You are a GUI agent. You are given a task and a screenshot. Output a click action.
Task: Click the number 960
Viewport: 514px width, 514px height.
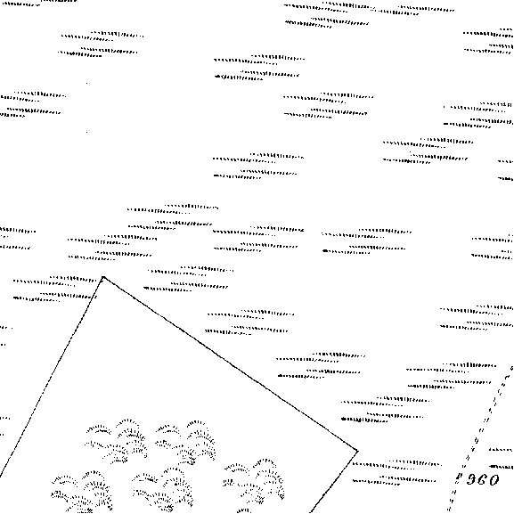(x=483, y=480)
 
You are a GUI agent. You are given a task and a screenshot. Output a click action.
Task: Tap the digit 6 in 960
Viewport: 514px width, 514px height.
(x=482, y=480)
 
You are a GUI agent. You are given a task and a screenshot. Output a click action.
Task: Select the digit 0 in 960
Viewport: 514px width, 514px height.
(x=494, y=480)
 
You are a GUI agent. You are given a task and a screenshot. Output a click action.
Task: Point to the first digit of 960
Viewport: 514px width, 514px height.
(x=471, y=480)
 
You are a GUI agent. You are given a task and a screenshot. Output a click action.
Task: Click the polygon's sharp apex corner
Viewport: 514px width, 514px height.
(x=103, y=277)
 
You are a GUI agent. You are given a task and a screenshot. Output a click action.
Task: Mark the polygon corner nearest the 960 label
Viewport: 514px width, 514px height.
(x=357, y=452)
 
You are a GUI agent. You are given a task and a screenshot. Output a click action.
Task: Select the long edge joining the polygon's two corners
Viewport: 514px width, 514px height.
(x=230, y=364)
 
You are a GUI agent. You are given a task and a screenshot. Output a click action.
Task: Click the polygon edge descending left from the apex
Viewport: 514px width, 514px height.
(x=52, y=377)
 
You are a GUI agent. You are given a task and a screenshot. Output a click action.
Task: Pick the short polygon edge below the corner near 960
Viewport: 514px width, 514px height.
(x=334, y=483)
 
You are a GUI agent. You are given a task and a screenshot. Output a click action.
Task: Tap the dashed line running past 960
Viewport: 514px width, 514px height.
(x=481, y=439)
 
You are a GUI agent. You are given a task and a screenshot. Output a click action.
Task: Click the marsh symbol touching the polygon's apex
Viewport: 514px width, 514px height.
(x=55, y=289)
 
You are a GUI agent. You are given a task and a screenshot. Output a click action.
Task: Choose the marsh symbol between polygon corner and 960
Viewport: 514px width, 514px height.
(x=397, y=472)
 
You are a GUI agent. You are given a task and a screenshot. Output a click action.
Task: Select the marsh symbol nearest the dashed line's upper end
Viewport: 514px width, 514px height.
(x=451, y=376)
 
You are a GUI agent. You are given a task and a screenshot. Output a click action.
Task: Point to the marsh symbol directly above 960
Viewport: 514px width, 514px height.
(x=501, y=458)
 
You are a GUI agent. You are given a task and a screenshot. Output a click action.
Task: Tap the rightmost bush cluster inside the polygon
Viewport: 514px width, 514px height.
(x=254, y=485)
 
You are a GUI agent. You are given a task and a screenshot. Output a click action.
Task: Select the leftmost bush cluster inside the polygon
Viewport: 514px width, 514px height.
(x=82, y=492)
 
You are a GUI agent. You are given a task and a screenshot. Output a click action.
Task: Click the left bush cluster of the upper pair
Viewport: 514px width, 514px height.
(x=116, y=441)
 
